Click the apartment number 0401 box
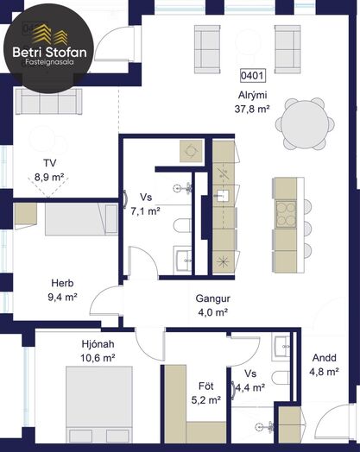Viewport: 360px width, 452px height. pyautogui.click(x=253, y=76)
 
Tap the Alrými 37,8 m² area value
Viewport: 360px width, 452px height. pyautogui.click(x=252, y=110)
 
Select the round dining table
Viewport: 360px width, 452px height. pyautogui.click(x=305, y=124)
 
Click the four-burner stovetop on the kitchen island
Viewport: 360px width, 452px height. pyautogui.click(x=286, y=214)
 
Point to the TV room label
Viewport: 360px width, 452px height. pyautogui.click(x=49, y=163)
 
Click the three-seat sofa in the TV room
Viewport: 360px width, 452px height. pyautogui.click(x=49, y=101)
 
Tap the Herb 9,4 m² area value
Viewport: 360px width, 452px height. pyautogui.click(x=62, y=297)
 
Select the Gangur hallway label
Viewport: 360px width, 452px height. pyautogui.click(x=213, y=298)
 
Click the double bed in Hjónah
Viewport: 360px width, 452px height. pyautogui.click(x=99, y=405)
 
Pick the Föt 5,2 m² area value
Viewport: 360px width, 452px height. pyautogui.click(x=206, y=400)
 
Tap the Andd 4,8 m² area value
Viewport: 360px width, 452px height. pyautogui.click(x=324, y=372)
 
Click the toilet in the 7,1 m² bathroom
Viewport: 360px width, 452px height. pyautogui.click(x=182, y=225)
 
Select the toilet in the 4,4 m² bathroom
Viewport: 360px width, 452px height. pyautogui.click(x=281, y=378)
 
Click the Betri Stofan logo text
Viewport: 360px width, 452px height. pyautogui.click(x=49, y=53)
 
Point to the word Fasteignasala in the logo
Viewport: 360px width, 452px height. pyautogui.click(x=49, y=62)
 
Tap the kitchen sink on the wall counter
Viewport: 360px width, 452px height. pyautogui.click(x=223, y=196)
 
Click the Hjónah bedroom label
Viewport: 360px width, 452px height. pyautogui.click(x=98, y=344)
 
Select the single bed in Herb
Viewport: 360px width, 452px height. pyautogui.click(x=81, y=219)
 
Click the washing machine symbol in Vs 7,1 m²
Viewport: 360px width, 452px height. pyautogui.click(x=191, y=151)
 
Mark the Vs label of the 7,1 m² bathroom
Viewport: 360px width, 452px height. pyautogui.click(x=146, y=198)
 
